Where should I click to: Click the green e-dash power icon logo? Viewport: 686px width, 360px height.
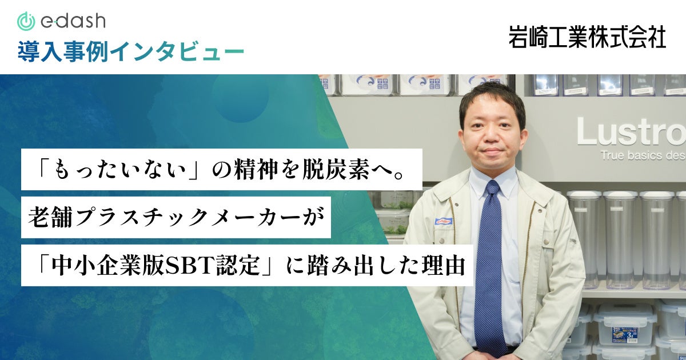(x=26, y=22)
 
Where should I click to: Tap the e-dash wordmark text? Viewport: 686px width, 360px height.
(x=73, y=21)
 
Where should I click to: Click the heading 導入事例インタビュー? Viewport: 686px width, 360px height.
(x=131, y=51)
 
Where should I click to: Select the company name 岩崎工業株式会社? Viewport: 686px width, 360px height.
(x=587, y=37)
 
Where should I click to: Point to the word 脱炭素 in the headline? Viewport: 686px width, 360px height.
(x=336, y=170)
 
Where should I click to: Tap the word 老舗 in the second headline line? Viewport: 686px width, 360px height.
(x=50, y=217)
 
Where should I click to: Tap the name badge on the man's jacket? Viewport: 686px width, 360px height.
(x=444, y=221)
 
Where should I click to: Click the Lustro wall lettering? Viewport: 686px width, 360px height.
(x=631, y=131)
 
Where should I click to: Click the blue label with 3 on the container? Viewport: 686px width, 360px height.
(x=624, y=335)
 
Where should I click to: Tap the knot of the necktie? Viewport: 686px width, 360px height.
(x=492, y=187)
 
